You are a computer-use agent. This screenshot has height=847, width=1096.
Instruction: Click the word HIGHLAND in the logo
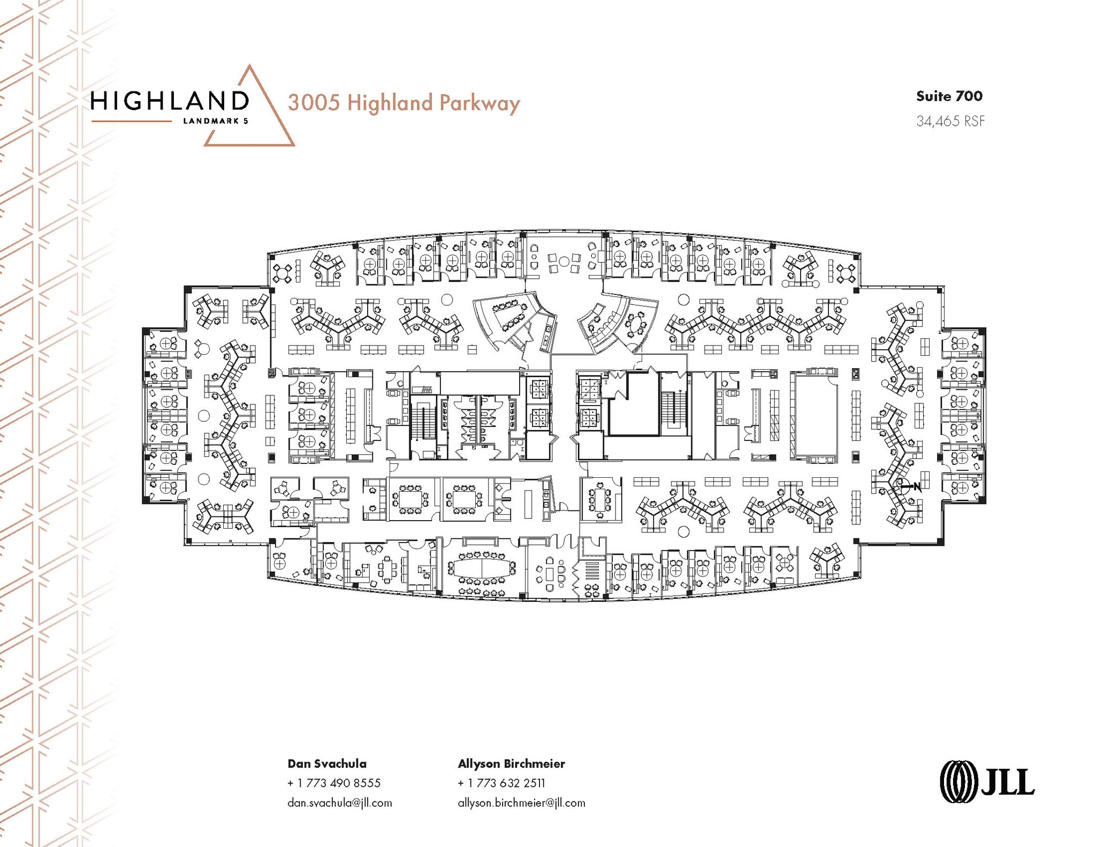pyautogui.click(x=170, y=100)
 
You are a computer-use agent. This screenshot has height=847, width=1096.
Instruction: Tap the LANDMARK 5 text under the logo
pyautogui.click(x=216, y=121)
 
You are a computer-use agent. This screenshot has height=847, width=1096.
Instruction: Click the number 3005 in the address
pyautogui.click(x=314, y=102)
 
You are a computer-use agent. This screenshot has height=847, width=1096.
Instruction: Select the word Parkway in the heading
pyautogui.click(x=479, y=103)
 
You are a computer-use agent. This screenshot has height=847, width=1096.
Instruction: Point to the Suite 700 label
pyautogui.click(x=949, y=96)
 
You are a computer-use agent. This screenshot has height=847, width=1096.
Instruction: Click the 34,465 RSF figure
pyautogui.click(x=950, y=121)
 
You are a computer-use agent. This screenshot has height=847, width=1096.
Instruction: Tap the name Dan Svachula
pyautogui.click(x=327, y=764)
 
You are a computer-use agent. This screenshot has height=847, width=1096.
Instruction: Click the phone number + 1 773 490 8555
pyautogui.click(x=334, y=783)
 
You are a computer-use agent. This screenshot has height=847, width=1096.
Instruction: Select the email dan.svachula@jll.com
pyautogui.click(x=339, y=803)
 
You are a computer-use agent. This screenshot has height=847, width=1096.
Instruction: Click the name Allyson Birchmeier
pyautogui.click(x=511, y=764)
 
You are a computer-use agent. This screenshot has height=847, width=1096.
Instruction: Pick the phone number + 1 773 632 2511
pyautogui.click(x=501, y=783)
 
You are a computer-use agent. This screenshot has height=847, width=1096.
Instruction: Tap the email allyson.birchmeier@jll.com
pyautogui.click(x=521, y=803)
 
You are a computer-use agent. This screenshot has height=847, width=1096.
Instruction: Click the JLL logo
pyautogui.click(x=987, y=782)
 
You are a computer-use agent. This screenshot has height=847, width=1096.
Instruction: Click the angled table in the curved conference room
pyautogui.click(x=510, y=315)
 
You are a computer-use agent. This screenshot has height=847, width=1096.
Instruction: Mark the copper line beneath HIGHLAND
pyautogui.click(x=131, y=121)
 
